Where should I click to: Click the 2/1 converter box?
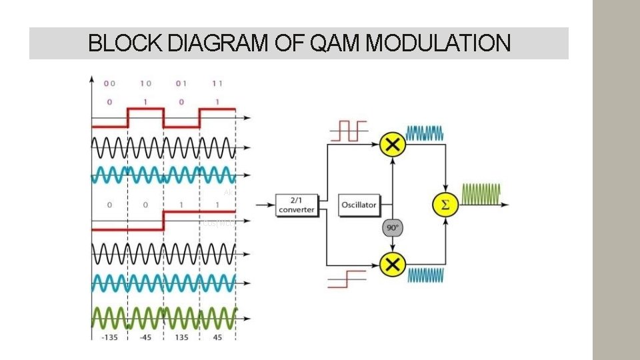pyautogui.click(x=297, y=205)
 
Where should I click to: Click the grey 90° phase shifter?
pyautogui.click(x=392, y=228)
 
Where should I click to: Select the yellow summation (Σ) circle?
pyautogui.click(x=445, y=205)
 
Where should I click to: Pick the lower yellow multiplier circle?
pyautogui.click(x=393, y=265)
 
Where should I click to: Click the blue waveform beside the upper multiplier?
pyautogui.click(x=425, y=133)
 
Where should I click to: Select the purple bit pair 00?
pyautogui.click(x=109, y=83)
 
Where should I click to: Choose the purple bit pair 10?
pyautogui.click(x=145, y=83)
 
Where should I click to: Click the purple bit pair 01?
pyautogui.click(x=181, y=83)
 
